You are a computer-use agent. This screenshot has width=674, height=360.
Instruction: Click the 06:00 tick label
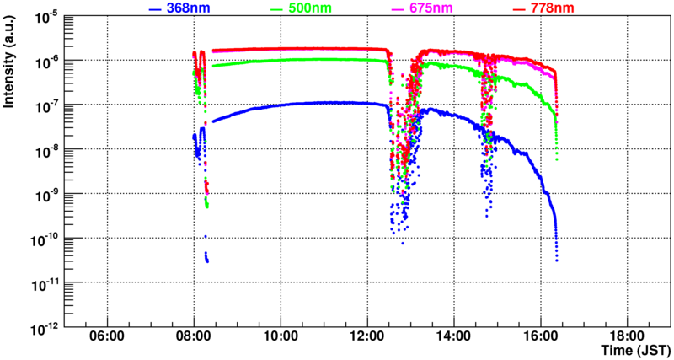click(107, 336)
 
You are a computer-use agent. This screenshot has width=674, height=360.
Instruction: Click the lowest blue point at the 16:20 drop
click(557, 261)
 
